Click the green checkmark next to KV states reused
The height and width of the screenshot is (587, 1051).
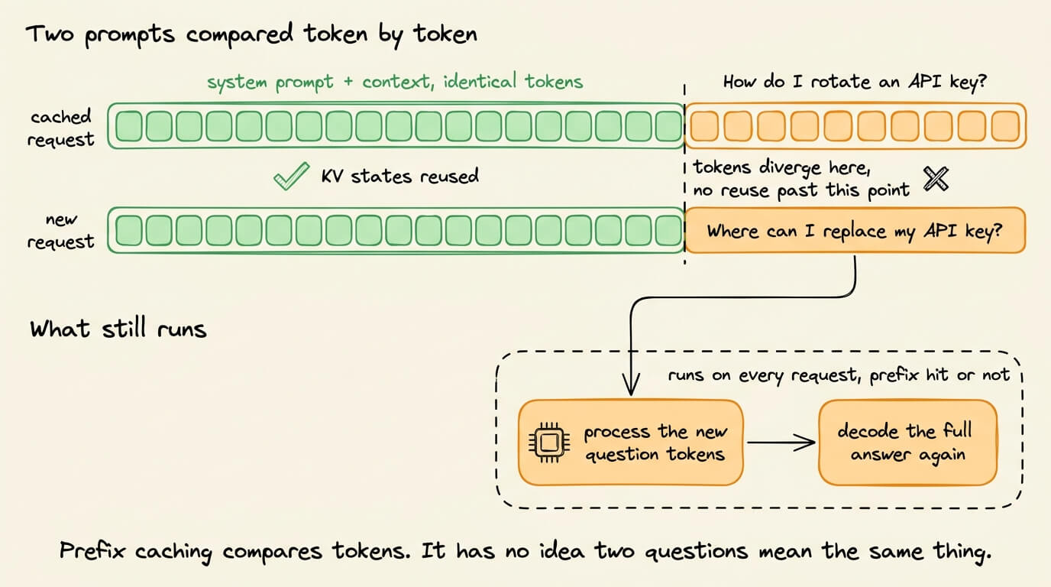click(x=291, y=177)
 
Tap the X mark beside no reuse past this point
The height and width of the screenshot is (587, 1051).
click(x=936, y=178)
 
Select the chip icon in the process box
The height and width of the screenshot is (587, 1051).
click(x=549, y=443)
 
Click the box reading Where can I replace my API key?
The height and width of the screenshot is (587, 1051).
click(x=855, y=231)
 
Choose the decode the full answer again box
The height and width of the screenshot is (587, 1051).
click(x=907, y=443)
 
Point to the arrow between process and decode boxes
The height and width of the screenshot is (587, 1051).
click(x=781, y=443)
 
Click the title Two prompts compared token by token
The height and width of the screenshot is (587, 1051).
click(x=251, y=34)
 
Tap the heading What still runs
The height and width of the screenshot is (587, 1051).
click(x=118, y=328)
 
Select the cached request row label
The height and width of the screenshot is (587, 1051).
click(x=60, y=128)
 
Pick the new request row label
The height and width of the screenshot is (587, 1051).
click(x=60, y=231)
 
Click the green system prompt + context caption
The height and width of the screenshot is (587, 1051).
click(x=395, y=83)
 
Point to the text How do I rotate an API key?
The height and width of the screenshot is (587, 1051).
click(x=855, y=82)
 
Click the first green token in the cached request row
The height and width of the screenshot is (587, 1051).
click(x=129, y=126)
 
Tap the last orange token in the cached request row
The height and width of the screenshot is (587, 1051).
click(x=1005, y=126)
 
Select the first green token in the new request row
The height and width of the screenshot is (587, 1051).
click(x=129, y=230)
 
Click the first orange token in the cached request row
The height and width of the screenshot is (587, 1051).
click(x=704, y=126)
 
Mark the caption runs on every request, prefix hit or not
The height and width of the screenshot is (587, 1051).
click(x=839, y=375)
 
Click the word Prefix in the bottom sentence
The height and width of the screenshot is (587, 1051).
click(x=92, y=550)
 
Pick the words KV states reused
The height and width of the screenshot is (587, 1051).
click(x=400, y=176)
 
